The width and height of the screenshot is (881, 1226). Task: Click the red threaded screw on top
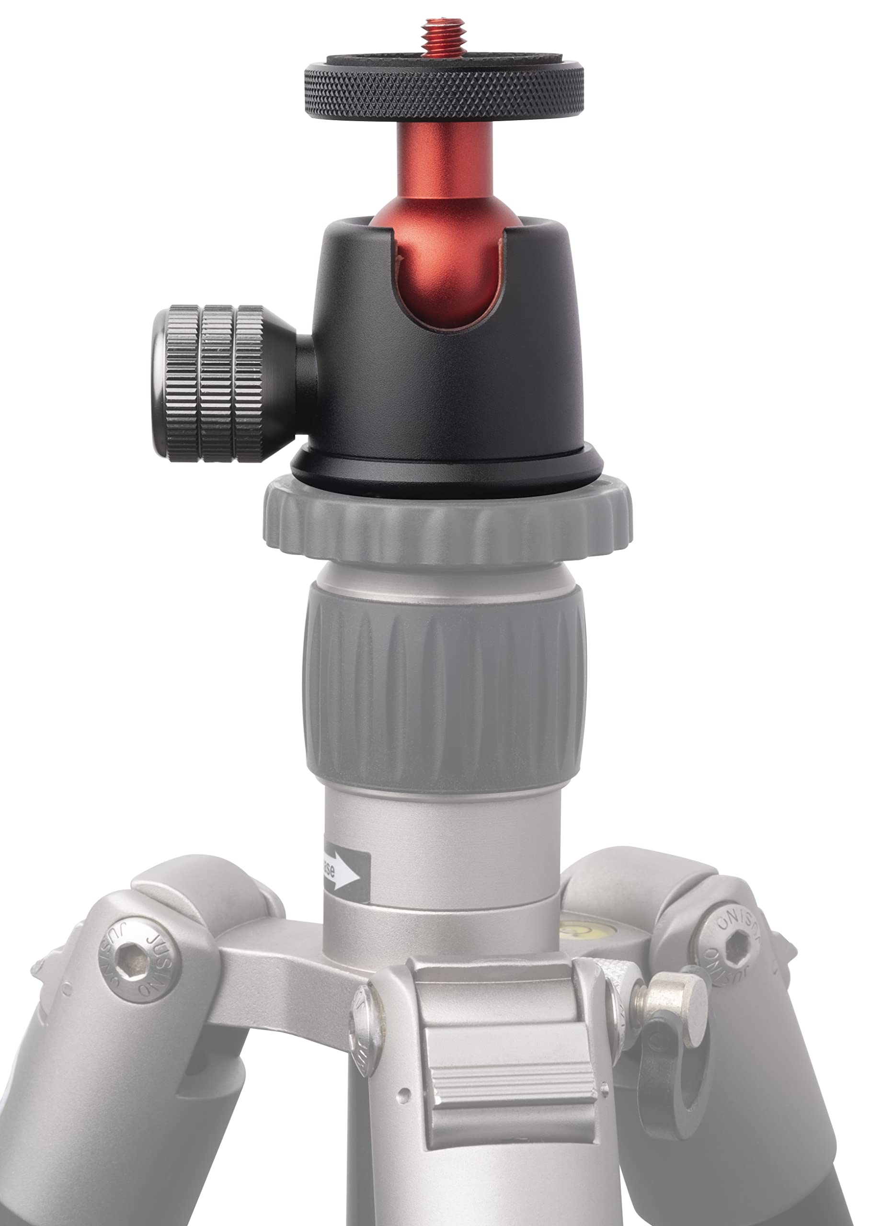click(x=444, y=38)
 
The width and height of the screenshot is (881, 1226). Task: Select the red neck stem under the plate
click(x=445, y=162)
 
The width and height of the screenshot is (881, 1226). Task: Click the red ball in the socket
click(x=449, y=270)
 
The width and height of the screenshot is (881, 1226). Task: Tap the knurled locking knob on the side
click(x=217, y=384)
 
